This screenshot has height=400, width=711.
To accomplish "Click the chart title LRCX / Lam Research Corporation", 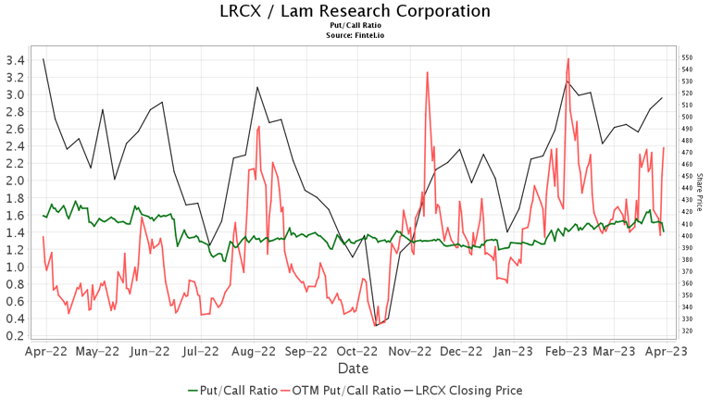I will tap(355, 12).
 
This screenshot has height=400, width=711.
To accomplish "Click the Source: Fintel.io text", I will tap(355, 35).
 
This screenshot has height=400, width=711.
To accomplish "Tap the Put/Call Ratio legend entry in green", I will tap(231, 391).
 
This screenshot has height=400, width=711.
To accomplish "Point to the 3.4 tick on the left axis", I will tap(16, 60).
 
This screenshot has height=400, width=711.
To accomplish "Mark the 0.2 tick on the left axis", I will tap(16, 335).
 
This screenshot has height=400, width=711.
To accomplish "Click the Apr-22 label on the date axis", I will tap(45, 352).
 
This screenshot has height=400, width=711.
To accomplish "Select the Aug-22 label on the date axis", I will tap(253, 352).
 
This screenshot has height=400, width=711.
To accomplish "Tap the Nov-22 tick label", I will tap(408, 352).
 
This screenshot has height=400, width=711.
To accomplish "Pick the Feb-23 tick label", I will tap(563, 352).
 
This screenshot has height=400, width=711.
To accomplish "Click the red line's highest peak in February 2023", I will tap(568, 59).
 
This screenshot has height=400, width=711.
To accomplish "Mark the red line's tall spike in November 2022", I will tap(427, 72).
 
